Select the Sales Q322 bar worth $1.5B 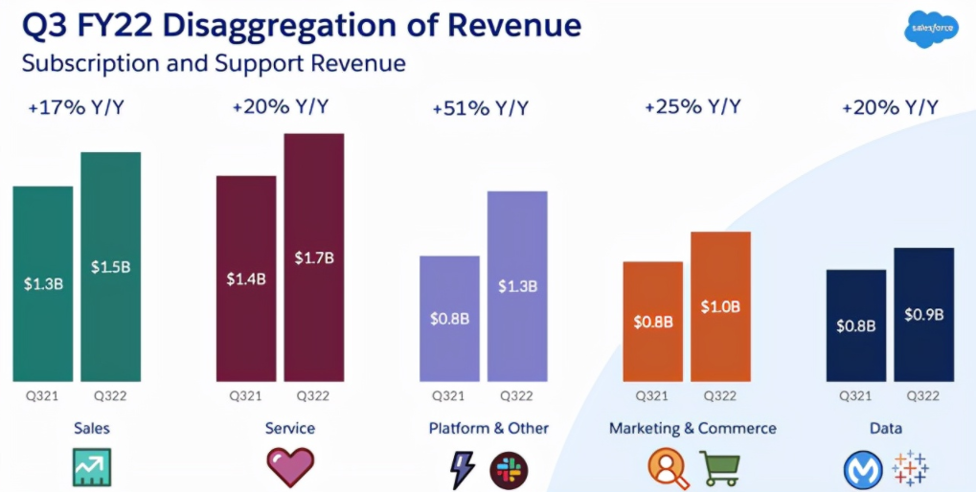tap(110, 266)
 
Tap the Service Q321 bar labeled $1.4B tap(245, 279)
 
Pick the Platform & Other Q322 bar tap(517, 286)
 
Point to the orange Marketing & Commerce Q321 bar tap(652, 322)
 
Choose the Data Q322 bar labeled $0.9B tap(924, 314)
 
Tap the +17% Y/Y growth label tap(77, 106)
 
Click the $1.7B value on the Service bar tap(313, 257)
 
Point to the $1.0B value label tap(720, 306)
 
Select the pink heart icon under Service tap(289, 467)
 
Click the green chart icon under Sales tap(92, 467)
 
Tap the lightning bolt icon tap(463, 468)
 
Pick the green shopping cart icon tap(721, 468)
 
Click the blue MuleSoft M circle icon tap(862, 469)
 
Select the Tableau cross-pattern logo tap(910, 468)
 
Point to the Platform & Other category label tap(488, 428)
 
